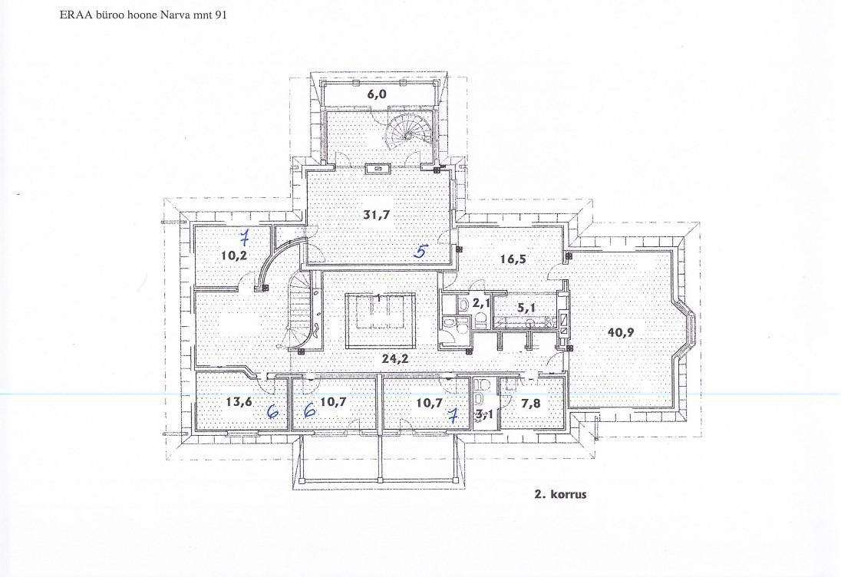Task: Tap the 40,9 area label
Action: (621, 332)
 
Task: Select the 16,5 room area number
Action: (513, 259)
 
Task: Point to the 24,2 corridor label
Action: (395, 359)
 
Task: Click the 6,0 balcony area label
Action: (377, 94)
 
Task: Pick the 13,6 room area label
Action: (239, 401)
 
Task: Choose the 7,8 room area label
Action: (531, 404)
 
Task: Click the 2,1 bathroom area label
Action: (481, 303)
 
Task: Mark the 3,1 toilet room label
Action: (484, 414)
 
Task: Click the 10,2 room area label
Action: (234, 256)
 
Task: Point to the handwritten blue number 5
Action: (421, 250)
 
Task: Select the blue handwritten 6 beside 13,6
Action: (273, 411)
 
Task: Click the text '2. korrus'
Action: (560, 494)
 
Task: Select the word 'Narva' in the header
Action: (173, 15)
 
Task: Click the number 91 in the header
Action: (220, 15)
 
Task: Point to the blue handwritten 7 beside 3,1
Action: (453, 414)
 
